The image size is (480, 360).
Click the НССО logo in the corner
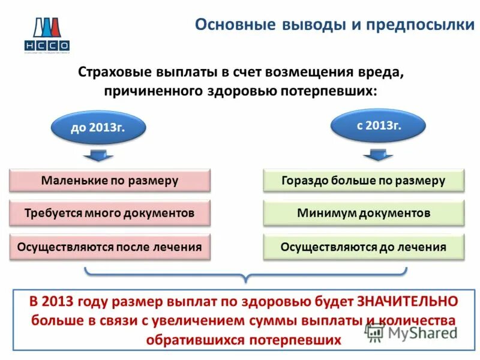coord(47,34)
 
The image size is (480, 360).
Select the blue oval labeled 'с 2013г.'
coord(379,125)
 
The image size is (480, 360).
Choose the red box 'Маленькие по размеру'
coord(110,180)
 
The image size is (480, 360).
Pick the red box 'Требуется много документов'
coord(110,213)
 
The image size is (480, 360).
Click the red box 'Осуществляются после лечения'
coord(110,247)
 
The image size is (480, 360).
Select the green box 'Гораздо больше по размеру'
coord(364,180)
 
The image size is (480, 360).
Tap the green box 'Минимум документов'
coord(364,213)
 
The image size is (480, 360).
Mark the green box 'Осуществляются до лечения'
coord(364,247)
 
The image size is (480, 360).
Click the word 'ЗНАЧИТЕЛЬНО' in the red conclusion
coord(407,301)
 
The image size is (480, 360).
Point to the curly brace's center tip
coord(245,281)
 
